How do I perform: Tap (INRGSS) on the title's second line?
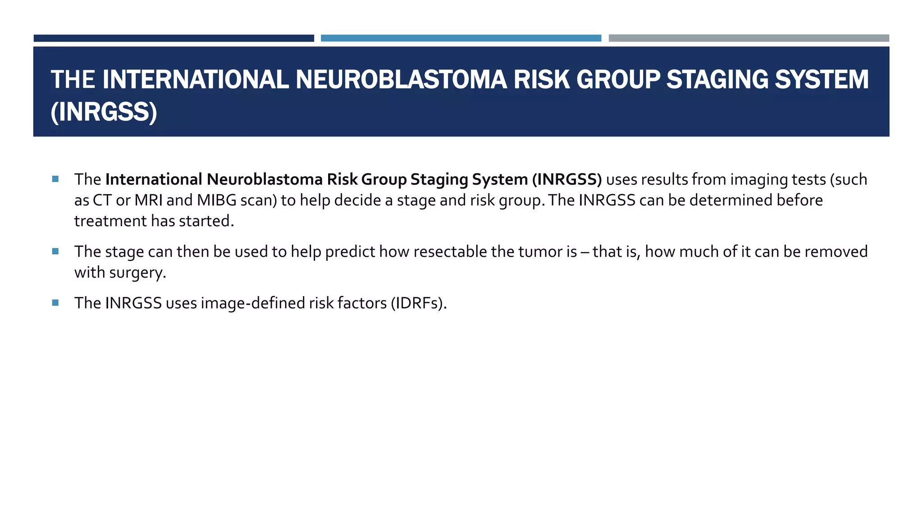(x=104, y=112)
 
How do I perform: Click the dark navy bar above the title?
(x=174, y=38)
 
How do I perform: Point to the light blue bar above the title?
(x=461, y=38)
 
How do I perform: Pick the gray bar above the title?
(x=749, y=38)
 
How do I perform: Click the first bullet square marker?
(x=55, y=179)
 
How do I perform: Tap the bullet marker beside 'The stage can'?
(x=55, y=251)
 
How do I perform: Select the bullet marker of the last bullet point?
(x=55, y=303)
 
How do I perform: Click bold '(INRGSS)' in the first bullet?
(x=567, y=179)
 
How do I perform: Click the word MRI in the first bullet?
(x=148, y=200)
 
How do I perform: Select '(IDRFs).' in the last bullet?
(x=419, y=303)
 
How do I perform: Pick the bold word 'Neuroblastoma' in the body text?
(x=265, y=179)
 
